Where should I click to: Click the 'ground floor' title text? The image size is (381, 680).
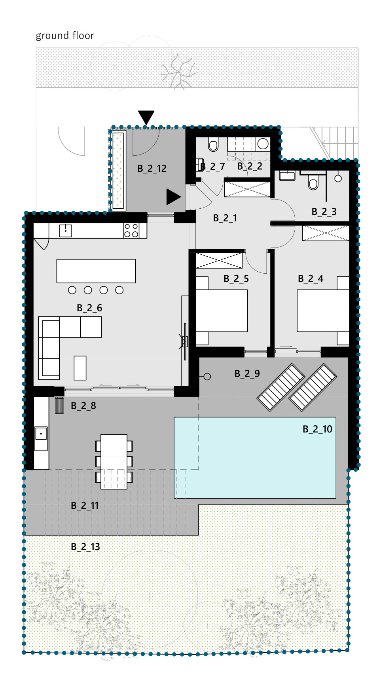(65, 36)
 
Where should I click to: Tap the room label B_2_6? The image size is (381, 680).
(89, 308)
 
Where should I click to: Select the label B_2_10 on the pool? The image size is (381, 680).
(317, 429)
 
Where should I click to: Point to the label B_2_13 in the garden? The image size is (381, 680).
(85, 547)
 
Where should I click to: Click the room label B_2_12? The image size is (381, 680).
(152, 168)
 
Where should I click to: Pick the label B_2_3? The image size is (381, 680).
(324, 211)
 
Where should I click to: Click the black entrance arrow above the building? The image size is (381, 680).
(146, 117)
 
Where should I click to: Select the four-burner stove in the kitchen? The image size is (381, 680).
(131, 230)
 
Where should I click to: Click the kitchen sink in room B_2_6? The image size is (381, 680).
(66, 230)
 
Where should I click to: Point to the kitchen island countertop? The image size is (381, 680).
(96, 271)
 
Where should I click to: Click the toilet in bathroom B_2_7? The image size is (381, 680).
(213, 145)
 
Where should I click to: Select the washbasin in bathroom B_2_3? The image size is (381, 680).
(287, 175)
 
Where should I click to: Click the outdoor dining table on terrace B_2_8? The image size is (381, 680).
(114, 461)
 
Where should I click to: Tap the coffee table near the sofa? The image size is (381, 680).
(80, 368)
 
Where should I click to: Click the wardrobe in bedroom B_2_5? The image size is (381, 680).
(219, 260)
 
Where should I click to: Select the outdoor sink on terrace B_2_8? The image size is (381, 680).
(41, 438)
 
